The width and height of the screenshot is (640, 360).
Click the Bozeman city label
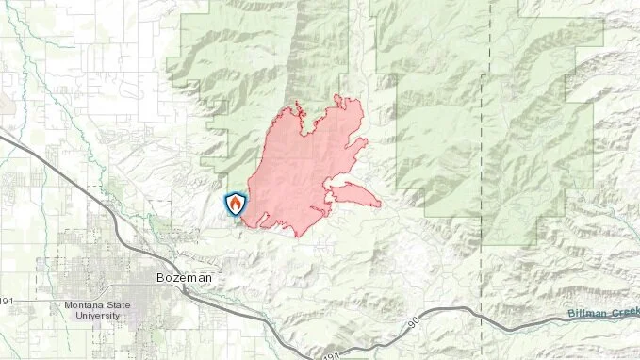pyautogui.click(x=183, y=279)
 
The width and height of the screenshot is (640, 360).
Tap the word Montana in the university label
pyautogui.click(x=86, y=305)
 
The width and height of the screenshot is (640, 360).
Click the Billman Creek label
pyautogui.click(x=603, y=313)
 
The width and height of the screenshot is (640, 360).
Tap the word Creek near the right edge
pyautogui.click(x=623, y=313)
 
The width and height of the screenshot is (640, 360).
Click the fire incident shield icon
pyautogui.click(x=234, y=204)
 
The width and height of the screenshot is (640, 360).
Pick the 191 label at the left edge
pyautogui.click(x=7, y=301)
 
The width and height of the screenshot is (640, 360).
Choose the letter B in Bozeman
pyautogui.click(x=159, y=279)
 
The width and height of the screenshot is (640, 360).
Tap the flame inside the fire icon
pyautogui.click(x=234, y=203)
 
